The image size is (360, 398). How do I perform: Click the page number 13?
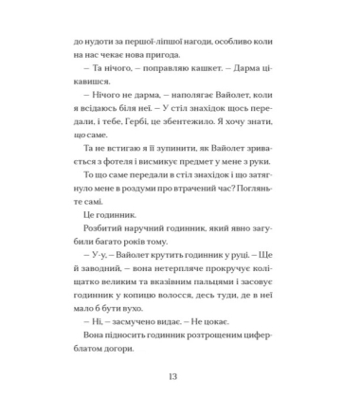pos(180,377)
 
